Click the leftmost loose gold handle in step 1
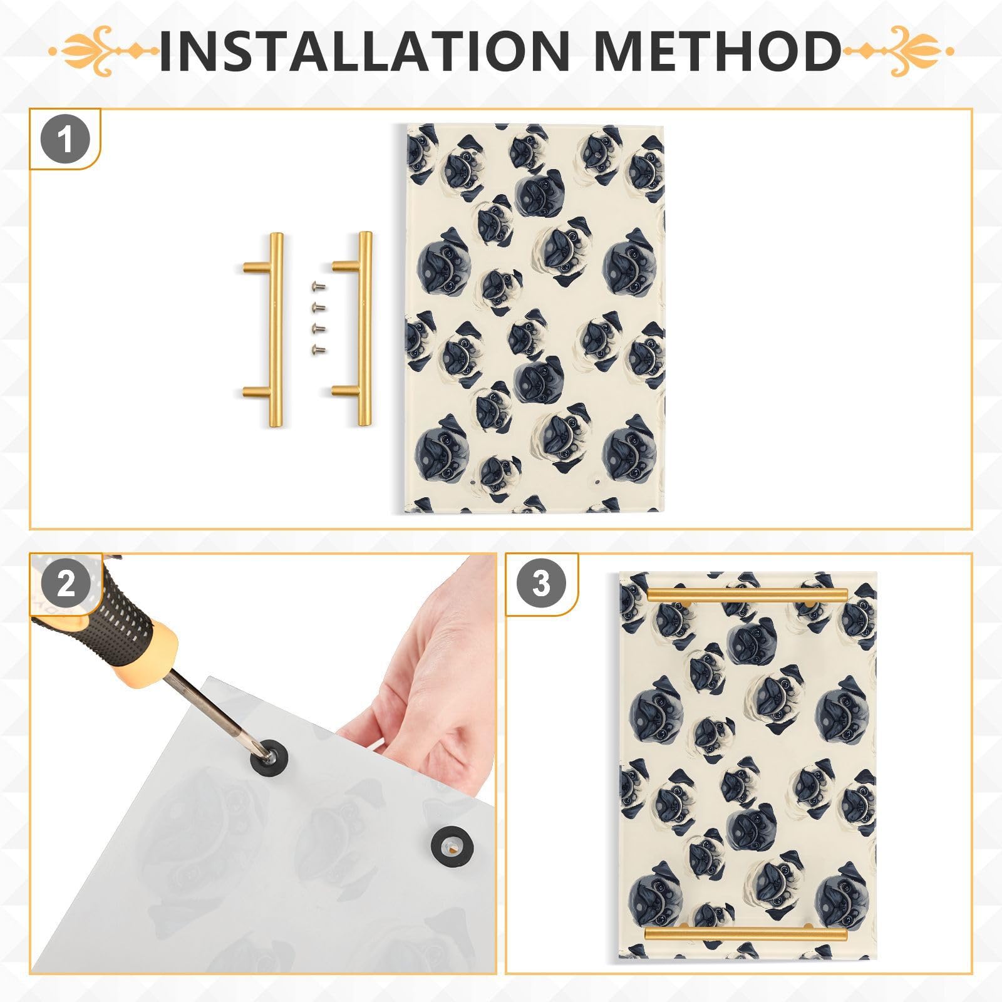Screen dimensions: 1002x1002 click(x=274, y=329)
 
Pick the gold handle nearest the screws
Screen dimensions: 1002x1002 click(x=363, y=329)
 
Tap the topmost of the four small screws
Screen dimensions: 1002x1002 click(x=318, y=286)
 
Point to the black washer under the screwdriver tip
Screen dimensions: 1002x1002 click(x=267, y=758)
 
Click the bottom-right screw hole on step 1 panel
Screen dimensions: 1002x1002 click(x=597, y=483)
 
